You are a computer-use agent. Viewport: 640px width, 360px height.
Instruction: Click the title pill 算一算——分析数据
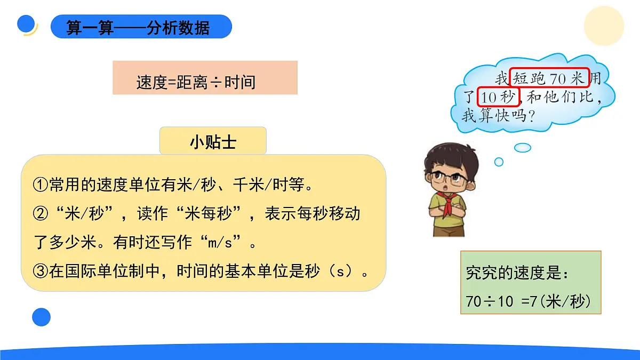[x=141, y=27]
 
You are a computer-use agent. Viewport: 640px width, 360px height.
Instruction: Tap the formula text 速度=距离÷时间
[x=196, y=82]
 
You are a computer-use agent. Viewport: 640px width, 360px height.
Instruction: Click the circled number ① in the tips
[x=41, y=185]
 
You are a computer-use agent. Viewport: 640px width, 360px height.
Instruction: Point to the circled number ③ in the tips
[x=41, y=271]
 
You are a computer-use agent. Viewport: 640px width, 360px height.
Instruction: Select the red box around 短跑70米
[x=549, y=78]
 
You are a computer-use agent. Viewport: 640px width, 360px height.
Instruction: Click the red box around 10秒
[x=498, y=97]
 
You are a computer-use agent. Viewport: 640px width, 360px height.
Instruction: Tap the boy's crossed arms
[x=451, y=213]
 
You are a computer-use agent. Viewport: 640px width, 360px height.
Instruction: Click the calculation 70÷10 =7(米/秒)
[x=529, y=301]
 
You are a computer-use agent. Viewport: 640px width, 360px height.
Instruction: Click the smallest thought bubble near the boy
[x=499, y=161]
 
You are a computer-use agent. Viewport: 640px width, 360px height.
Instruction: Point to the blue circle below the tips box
[x=41, y=317]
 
